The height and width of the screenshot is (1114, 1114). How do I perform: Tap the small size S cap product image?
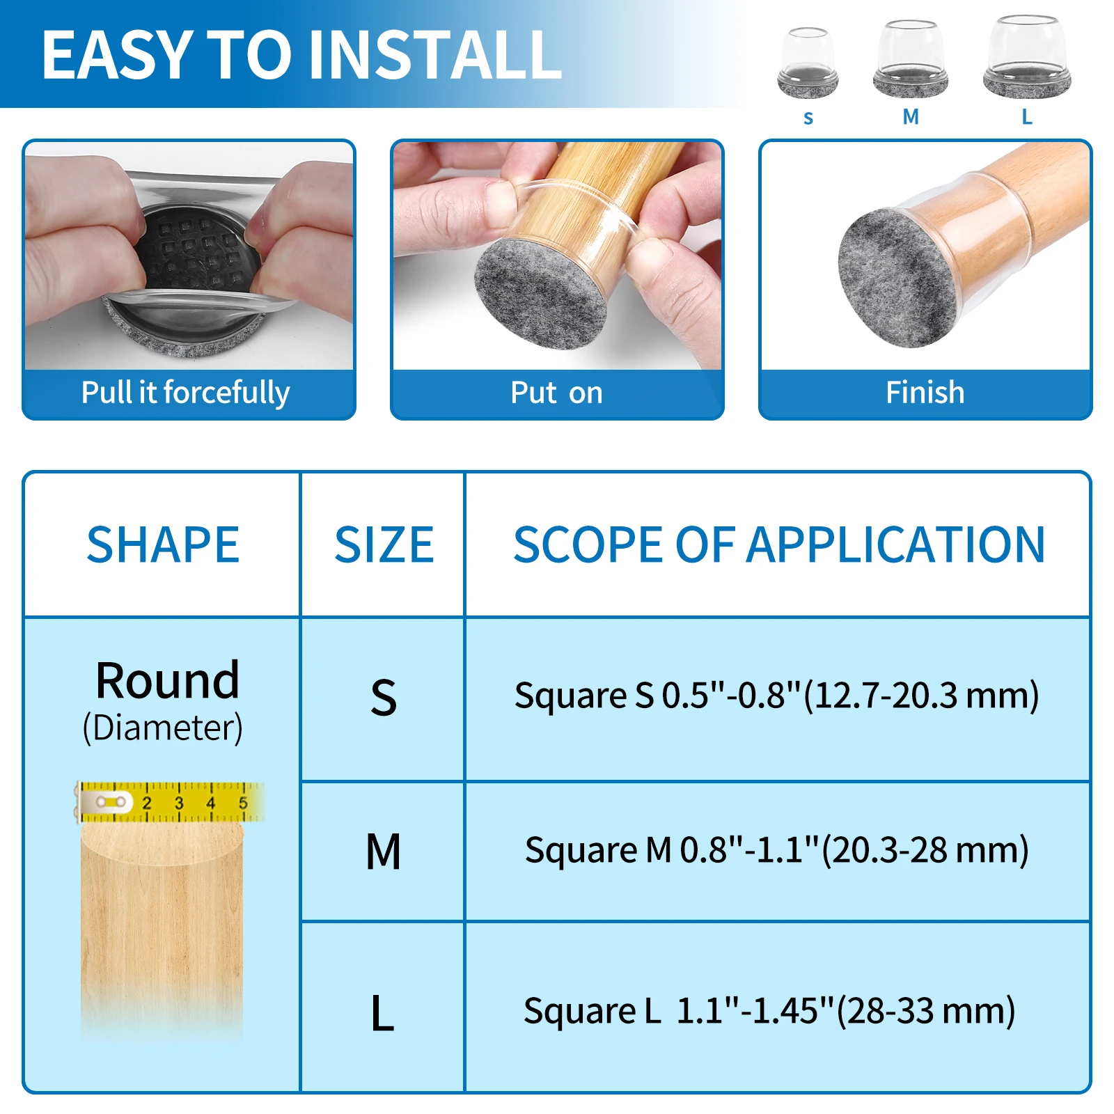coord(808,63)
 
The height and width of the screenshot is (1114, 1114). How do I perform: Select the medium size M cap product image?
coord(910,60)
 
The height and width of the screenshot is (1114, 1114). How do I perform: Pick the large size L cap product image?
coord(1027,57)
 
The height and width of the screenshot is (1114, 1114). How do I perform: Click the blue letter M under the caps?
coord(911,117)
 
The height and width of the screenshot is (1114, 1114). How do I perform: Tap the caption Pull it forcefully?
coord(185,393)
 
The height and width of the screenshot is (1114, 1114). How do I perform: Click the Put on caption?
coord(556,393)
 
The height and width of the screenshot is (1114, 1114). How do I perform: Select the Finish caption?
coord(925,393)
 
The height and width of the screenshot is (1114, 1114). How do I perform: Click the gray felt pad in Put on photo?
coord(540,292)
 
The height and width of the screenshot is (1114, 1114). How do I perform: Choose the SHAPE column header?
coord(163,545)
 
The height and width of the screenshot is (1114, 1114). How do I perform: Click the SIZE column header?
coord(384,545)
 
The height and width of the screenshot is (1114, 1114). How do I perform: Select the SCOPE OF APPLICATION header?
coord(778,545)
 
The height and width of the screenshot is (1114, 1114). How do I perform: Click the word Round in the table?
coord(167,680)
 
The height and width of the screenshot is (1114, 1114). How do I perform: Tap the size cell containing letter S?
coord(383,698)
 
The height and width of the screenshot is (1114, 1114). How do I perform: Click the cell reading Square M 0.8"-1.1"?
coord(776,850)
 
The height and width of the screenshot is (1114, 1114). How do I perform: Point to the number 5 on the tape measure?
coord(243,803)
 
